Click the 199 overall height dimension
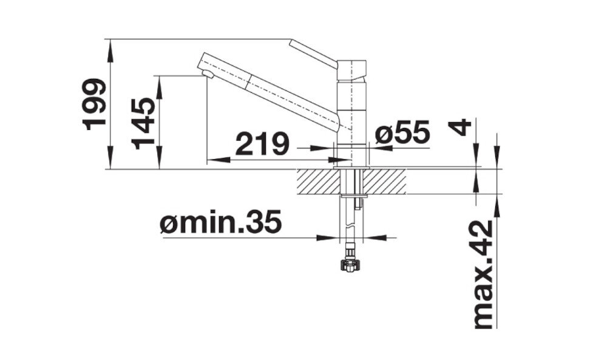(95, 104)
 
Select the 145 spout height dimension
(144, 123)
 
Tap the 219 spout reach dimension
(262, 144)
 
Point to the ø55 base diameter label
(402, 132)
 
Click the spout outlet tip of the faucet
(207, 74)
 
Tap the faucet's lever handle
(313, 53)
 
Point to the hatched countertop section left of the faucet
(318, 181)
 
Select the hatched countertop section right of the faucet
(385, 181)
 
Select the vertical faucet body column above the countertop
(351, 121)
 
